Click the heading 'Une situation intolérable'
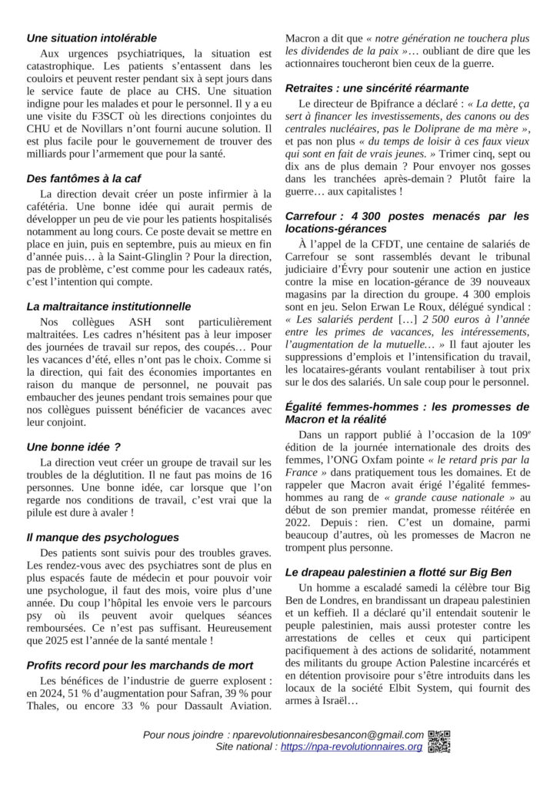point(92,38)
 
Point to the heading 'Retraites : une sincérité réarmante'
point(376,88)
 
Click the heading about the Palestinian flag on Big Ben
point(401,573)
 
